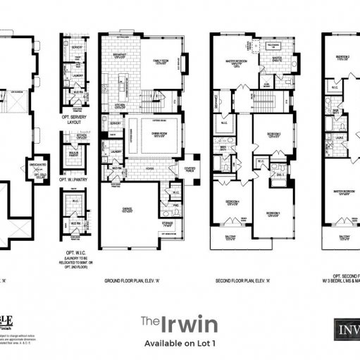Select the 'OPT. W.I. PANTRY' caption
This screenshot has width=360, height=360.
coord(74,182)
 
